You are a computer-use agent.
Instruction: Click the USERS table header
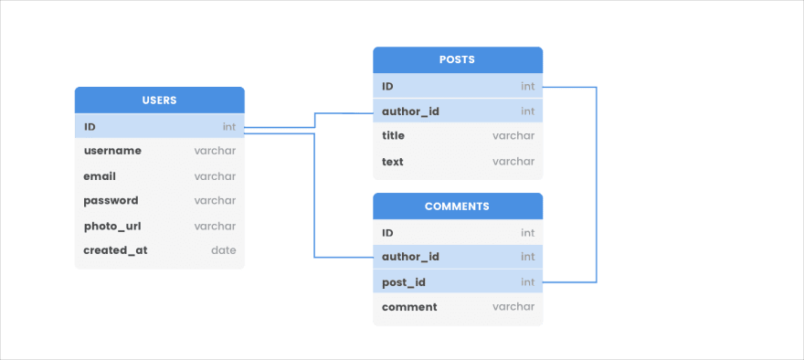point(159,100)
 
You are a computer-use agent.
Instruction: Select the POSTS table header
point(457,59)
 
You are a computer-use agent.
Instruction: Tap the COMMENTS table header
point(457,206)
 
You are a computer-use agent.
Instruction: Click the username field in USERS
point(112,151)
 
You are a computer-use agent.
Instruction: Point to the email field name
point(100,176)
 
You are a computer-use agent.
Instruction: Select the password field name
point(111,200)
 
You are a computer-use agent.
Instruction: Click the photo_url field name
point(112,226)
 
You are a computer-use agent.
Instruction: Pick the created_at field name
point(115,249)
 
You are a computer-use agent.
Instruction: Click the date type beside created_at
point(223,249)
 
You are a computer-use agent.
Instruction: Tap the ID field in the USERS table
point(90,126)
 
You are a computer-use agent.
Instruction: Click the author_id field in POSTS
point(410,111)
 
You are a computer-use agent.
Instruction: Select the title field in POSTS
point(393,135)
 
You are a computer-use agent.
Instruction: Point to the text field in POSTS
point(392,162)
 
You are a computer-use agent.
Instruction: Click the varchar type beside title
point(513,135)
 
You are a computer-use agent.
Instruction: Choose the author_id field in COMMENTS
point(410,257)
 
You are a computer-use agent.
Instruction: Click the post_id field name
point(403,282)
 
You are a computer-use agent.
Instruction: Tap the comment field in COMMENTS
point(409,307)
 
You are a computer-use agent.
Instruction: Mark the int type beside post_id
point(527,282)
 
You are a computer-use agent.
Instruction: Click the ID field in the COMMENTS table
point(387,233)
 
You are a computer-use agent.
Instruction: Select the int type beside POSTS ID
point(527,86)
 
